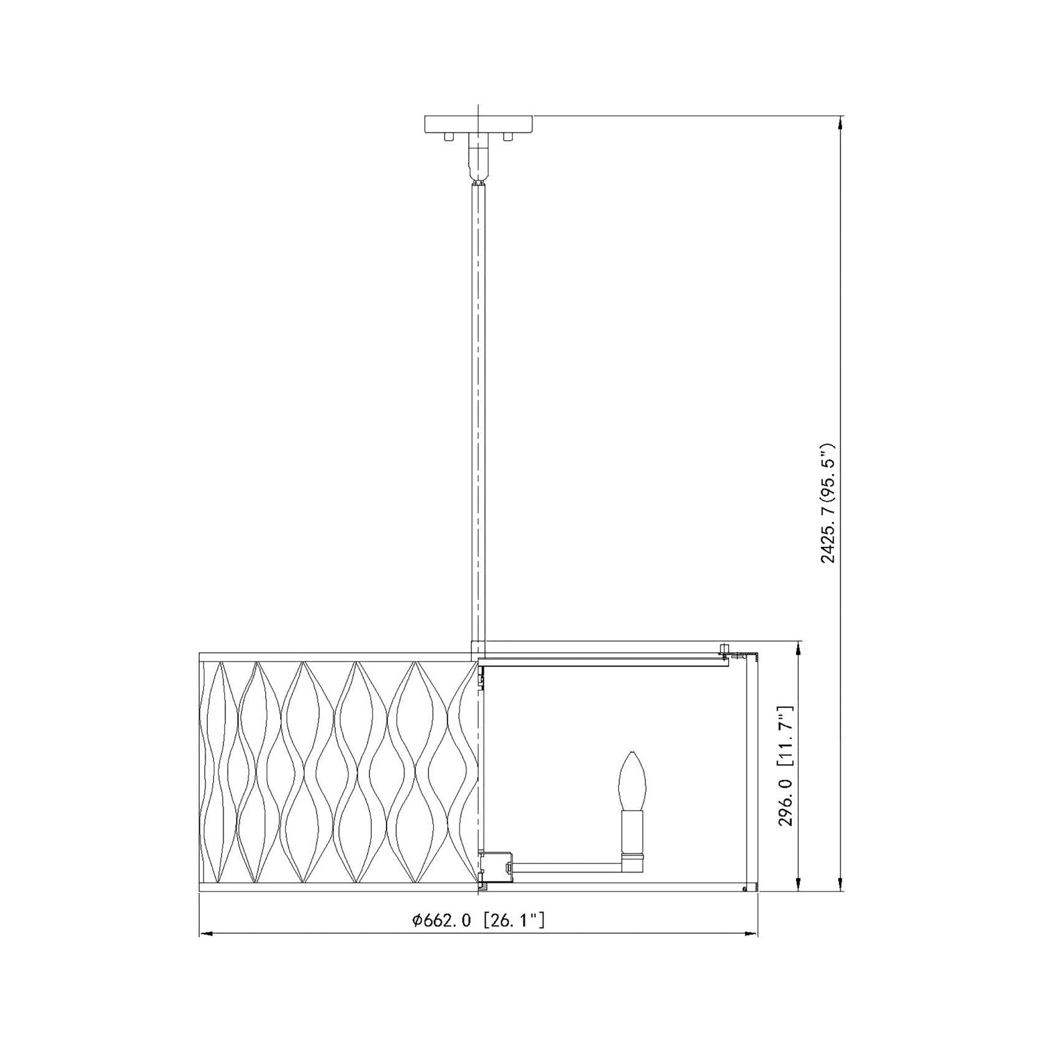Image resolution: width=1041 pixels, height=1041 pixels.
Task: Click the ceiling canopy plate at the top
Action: pos(478,124)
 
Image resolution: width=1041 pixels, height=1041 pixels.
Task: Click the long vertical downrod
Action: pos(478,413)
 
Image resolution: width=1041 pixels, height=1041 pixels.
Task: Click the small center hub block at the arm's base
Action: pos(497,867)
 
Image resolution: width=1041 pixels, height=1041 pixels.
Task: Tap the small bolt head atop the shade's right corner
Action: pos(723,649)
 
